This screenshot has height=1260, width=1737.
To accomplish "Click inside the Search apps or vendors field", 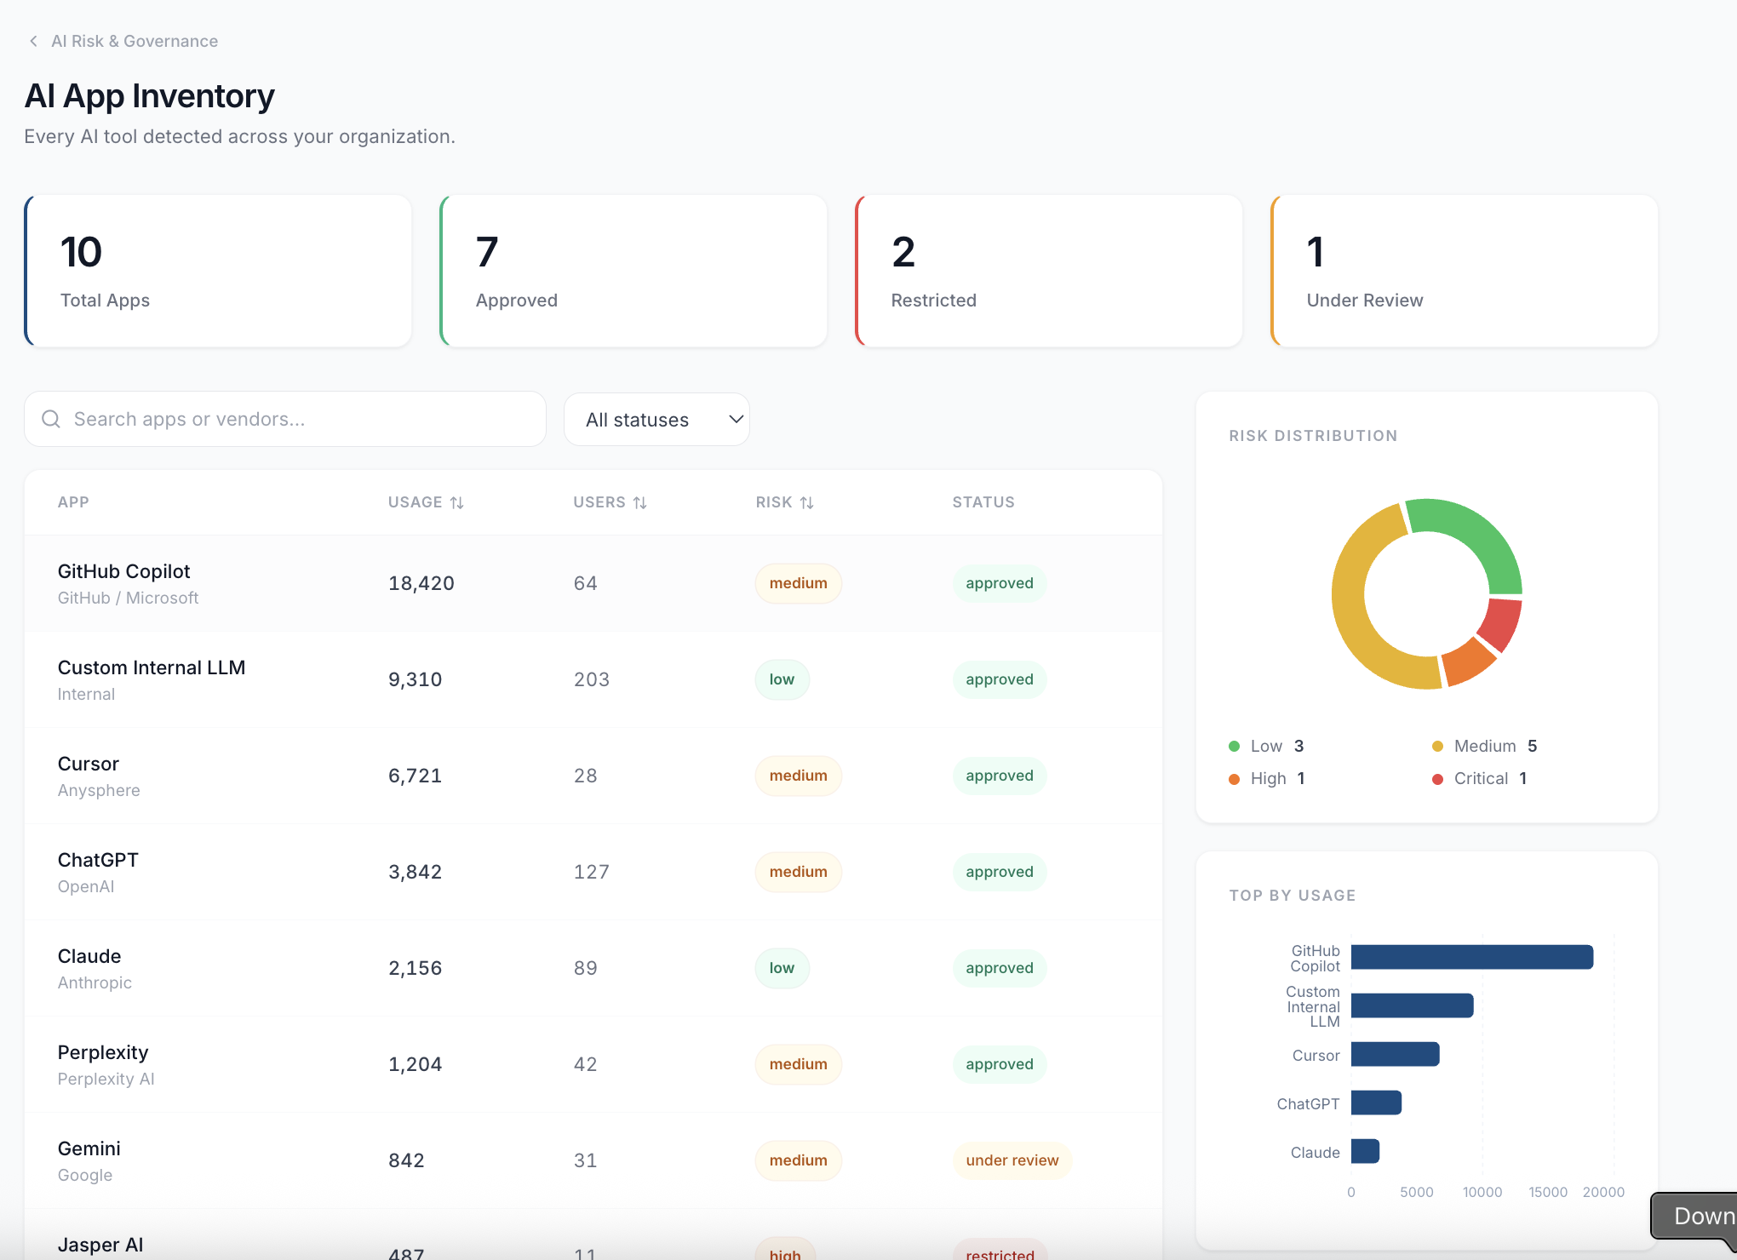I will pyautogui.click(x=289, y=419).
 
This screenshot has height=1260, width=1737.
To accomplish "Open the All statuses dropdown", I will pyautogui.click(x=656, y=419).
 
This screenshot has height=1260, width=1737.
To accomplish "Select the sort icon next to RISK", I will pyautogui.click(x=807, y=503).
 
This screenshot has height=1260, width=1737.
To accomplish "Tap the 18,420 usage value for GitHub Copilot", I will pyautogui.click(x=421, y=583).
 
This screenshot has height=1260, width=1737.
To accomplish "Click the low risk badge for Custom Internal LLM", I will pyautogui.click(x=781, y=679).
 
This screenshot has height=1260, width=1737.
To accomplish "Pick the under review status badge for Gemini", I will pyautogui.click(x=1011, y=1160).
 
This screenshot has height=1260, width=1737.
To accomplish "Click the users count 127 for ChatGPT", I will pyautogui.click(x=591, y=872).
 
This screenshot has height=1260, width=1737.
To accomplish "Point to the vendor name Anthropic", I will pyautogui.click(x=95, y=982).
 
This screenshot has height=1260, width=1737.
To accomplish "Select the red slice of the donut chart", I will pyautogui.click(x=1500, y=624).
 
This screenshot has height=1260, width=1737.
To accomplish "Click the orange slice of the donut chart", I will pyautogui.click(x=1468, y=662).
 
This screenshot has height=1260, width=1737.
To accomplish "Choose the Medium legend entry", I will pyautogui.click(x=1483, y=746).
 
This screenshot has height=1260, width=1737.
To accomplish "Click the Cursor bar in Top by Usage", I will pyautogui.click(x=1394, y=1054).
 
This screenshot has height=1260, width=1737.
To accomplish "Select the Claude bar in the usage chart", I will pyautogui.click(x=1364, y=1151).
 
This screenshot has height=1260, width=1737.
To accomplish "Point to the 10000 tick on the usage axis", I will pyautogui.click(x=1482, y=1192).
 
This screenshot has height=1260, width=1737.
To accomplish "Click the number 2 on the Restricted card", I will pyautogui.click(x=903, y=252).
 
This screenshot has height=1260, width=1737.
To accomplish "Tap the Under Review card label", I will pyautogui.click(x=1364, y=300).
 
